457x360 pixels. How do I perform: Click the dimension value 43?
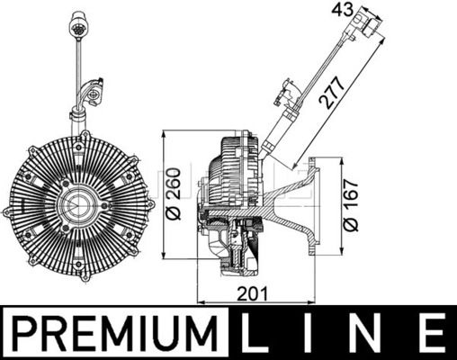343,11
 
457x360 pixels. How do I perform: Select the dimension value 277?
331,93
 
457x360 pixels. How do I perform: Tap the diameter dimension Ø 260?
174,194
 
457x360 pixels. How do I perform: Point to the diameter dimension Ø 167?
351,205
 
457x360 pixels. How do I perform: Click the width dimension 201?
252,293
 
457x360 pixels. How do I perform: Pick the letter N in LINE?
368,333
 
